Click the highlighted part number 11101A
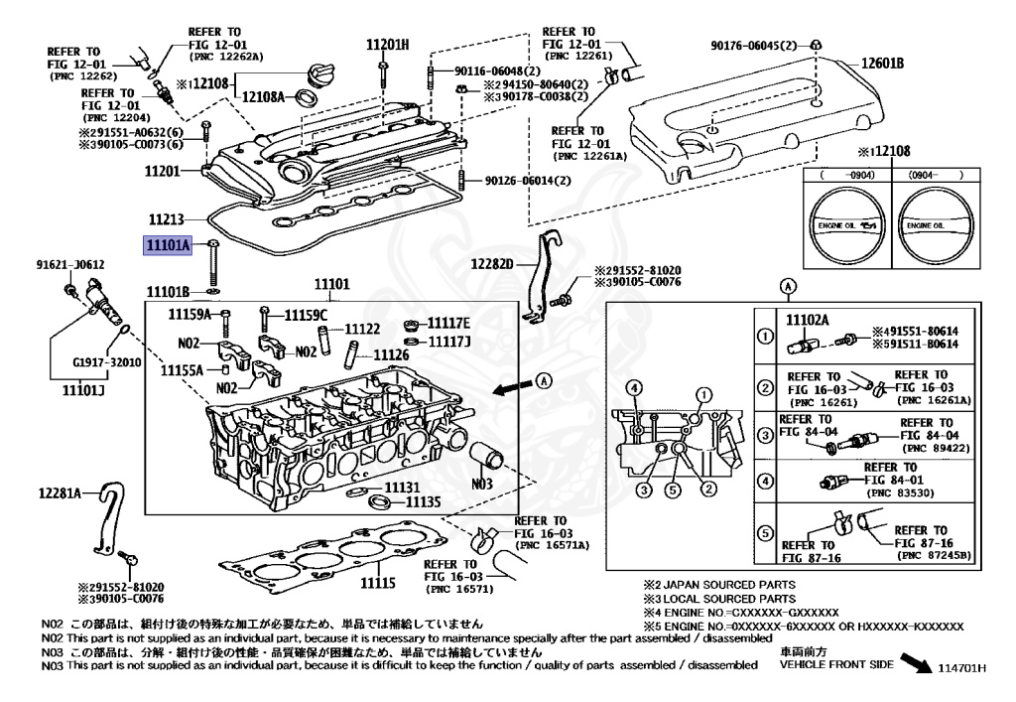pos(169,245)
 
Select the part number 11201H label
pos(388,44)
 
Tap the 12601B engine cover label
pos(882,63)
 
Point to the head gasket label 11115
pos(378,583)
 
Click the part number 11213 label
pos(167,219)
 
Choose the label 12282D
pos(492,264)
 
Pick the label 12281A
pos(60,493)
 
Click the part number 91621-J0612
pos(70,264)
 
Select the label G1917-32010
pos(107,361)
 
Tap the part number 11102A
pos(808,320)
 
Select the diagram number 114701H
pos(962,668)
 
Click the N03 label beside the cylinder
pos(481,484)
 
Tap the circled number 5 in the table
pos(765,533)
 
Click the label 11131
pos(403,487)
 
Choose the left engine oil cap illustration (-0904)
pos(847,225)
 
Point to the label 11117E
pos(449,324)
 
